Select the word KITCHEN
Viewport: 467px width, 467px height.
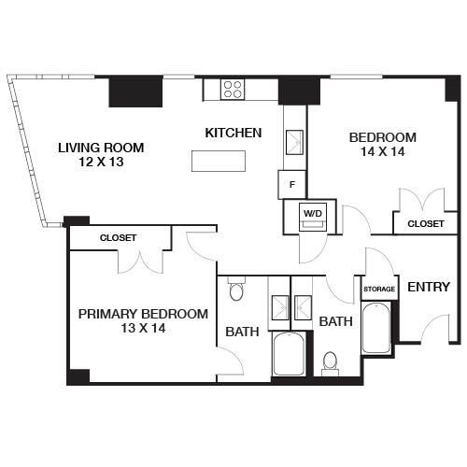pyautogui.click(x=233, y=133)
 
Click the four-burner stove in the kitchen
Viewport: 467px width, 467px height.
pyautogui.click(x=233, y=90)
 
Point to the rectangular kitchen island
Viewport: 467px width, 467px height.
pyautogui.click(x=219, y=161)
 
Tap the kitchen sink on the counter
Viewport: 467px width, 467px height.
pyautogui.click(x=294, y=143)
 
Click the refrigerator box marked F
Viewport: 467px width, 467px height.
pyautogui.click(x=292, y=184)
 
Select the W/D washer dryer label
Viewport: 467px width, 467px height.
pyautogui.click(x=310, y=214)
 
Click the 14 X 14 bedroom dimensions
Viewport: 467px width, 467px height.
pyautogui.click(x=382, y=152)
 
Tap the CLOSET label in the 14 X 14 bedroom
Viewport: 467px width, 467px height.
pyautogui.click(x=425, y=224)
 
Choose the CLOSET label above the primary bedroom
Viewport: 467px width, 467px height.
pyautogui.click(x=118, y=238)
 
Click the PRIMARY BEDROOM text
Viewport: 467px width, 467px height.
pyautogui.click(x=143, y=314)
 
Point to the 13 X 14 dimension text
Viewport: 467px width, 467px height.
pyautogui.click(x=143, y=329)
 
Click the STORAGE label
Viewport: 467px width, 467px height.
pyautogui.click(x=379, y=290)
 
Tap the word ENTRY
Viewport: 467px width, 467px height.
pyautogui.click(x=429, y=287)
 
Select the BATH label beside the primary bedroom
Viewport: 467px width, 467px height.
pyautogui.click(x=242, y=330)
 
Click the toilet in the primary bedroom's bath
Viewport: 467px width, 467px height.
pyautogui.click(x=236, y=291)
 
